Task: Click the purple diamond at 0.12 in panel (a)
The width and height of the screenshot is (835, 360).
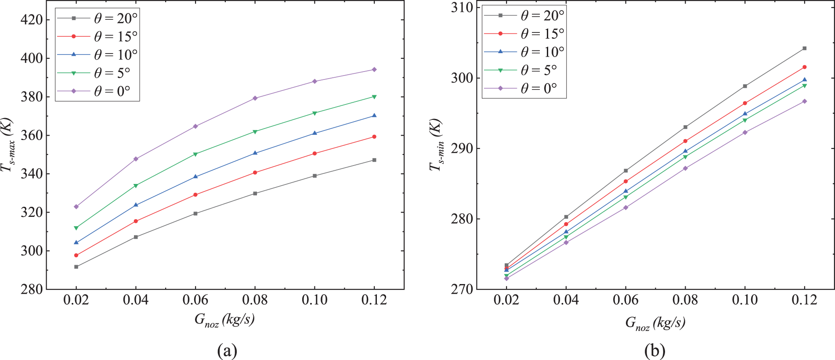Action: (x=374, y=69)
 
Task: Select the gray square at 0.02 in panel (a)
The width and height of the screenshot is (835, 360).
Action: (x=76, y=266)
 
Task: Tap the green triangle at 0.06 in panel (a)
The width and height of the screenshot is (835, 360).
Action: (x=195, y=154)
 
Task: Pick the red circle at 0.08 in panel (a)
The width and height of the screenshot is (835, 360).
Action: (x=255, y=173)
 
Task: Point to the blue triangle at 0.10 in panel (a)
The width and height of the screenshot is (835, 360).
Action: (x=314, y=133)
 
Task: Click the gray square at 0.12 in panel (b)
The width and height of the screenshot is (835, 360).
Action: (x=805, y=48)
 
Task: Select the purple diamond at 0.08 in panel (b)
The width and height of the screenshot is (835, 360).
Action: (x=685, y=168)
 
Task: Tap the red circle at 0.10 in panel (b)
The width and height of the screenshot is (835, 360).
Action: (x=745, y=103)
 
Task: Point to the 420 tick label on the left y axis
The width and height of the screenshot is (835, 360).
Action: (x=32, y=20)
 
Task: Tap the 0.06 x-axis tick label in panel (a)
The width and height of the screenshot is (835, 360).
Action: (x=195, y=300)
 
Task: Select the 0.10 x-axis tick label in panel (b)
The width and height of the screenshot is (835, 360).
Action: (x=745, y=300)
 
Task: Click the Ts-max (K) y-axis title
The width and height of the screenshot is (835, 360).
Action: (x=7, y=145)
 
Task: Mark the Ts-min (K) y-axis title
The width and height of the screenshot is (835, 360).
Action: (x=436, y=145)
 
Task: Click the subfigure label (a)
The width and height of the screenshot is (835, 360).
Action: (x=227, y=350)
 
